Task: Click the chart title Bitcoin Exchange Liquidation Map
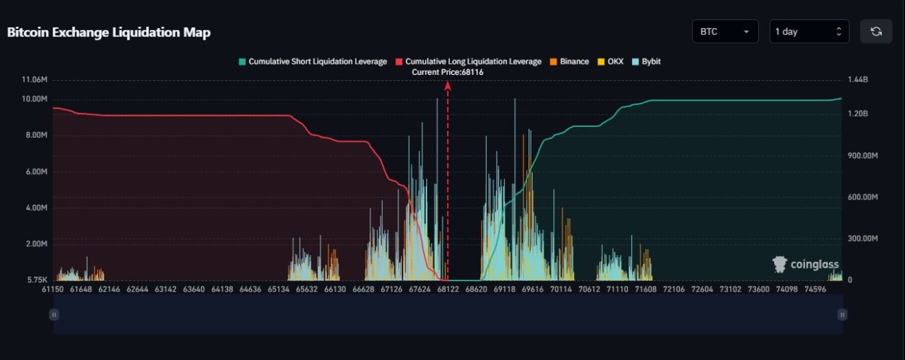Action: (108, 32)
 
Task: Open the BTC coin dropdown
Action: (725, 32)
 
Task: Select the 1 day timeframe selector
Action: (809, 32)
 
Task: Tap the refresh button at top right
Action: (876, 32)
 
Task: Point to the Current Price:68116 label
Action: (448, 72)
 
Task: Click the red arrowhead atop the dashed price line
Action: (448, 85)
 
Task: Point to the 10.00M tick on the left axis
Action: (35, 99)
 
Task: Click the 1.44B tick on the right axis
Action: (858, 80)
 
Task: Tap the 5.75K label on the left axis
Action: (37, 280)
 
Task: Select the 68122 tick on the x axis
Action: (448, 290)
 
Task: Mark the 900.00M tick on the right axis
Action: (862, 156)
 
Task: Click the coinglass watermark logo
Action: (805, 265)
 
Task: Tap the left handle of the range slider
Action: (53, 315)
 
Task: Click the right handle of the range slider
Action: (842, 315)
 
